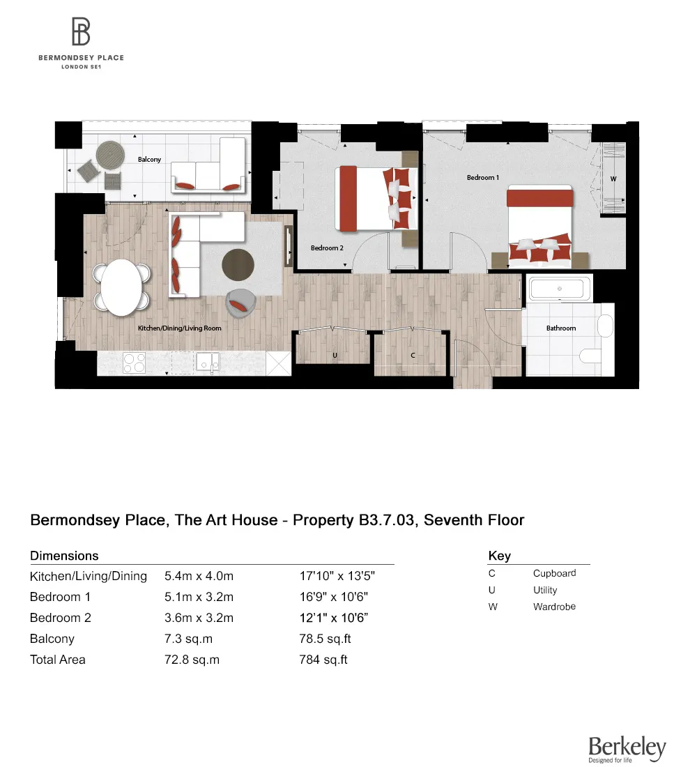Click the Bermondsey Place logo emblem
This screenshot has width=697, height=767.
(x=81, y=31)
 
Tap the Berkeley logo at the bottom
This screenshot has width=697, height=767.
(x=627, y=747)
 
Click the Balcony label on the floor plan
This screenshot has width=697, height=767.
(x=149, y=160)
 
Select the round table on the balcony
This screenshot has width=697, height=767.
(x=109, y=153)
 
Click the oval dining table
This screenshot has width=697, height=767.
(x=123, y=287)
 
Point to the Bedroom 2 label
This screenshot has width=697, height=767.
(x=327, y=248)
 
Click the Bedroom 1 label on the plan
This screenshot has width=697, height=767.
(x=483, y=178)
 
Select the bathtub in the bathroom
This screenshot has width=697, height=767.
(x=561, y=289)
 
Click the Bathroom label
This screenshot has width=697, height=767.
(x=561, y=328)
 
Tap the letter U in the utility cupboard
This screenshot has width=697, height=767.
(x=335, y=356)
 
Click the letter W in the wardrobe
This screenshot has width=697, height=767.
(x=613, y=179)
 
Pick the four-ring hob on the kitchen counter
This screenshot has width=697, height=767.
(x=135, y=362)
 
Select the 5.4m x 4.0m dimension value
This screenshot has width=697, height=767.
(x=199, y=576)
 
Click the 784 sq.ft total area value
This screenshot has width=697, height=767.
(x=323, y=660)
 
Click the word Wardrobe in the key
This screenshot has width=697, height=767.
(x=554, y=607)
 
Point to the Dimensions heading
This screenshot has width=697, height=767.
(x=64, y=556)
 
